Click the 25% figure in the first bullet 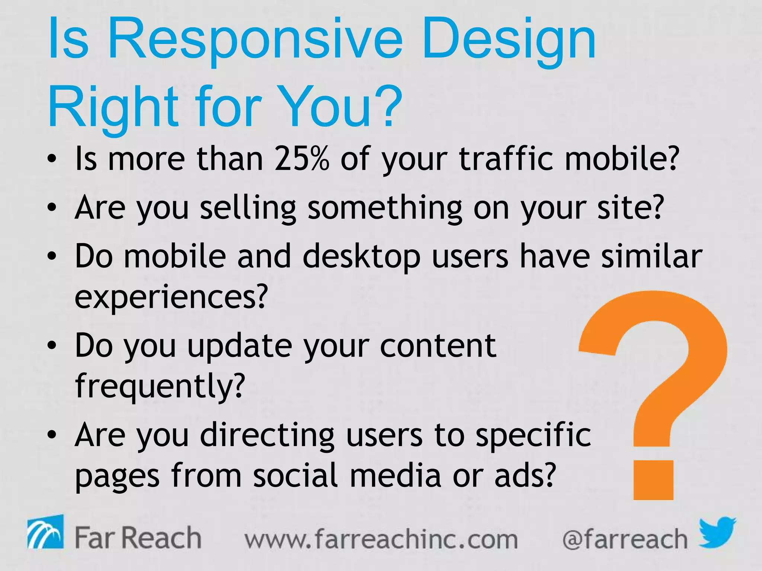(302, 159)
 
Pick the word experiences (171, 297)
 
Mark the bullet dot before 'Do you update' (52, 346)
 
